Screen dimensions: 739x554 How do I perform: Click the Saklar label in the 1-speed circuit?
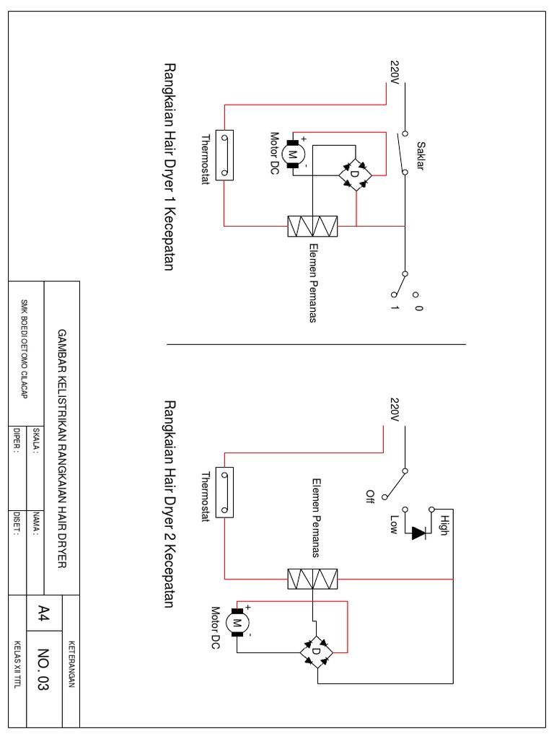pos(419,154)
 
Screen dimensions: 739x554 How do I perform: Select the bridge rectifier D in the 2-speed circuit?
pos(315,651)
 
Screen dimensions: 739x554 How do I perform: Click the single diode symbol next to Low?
pos(418,533)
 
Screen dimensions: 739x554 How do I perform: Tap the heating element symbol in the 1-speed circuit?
pos(313,226)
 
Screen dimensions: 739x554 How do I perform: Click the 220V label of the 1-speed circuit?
pos(395,71)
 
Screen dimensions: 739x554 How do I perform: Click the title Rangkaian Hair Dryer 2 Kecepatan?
pos(170,504)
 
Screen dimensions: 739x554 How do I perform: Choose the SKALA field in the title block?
pos(35,440)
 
